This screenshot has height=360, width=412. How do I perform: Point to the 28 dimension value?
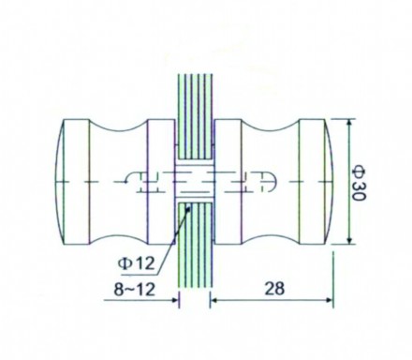click(272, 292)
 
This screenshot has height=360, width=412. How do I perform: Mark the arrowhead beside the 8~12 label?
click(174, 301)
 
